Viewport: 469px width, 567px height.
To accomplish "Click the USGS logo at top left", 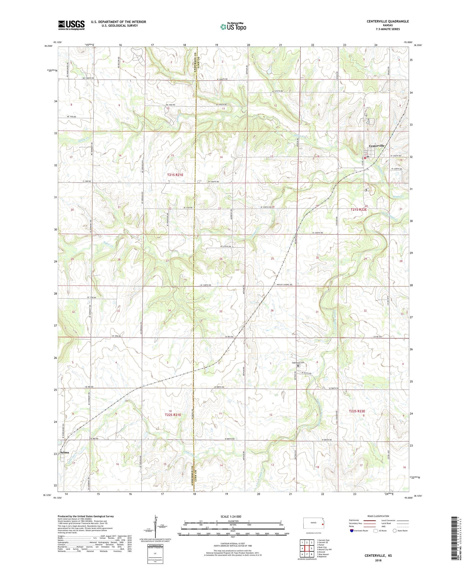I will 71,25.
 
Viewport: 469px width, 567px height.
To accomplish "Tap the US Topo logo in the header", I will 233,27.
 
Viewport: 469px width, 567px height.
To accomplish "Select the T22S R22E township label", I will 357,411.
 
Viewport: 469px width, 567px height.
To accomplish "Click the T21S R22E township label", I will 358,210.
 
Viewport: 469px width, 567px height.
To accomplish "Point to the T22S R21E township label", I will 173,415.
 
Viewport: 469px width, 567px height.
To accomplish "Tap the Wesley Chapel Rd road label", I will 284,285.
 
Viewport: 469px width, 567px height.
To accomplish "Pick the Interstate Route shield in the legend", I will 352,531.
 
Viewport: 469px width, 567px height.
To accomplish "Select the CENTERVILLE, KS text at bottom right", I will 378,555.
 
